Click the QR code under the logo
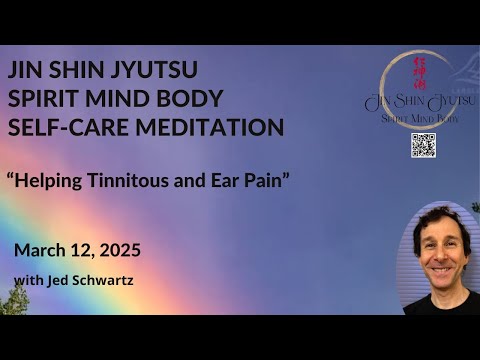(423, 144)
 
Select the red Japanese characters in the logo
(419, 73)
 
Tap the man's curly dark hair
(440, 218)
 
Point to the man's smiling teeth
(442, 274)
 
